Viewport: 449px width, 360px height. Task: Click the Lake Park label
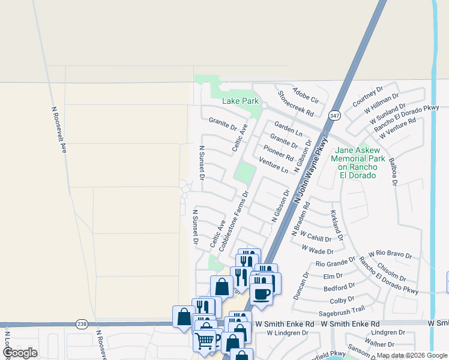[x=240, y=101]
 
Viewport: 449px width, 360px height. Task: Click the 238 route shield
[x=82, y=324]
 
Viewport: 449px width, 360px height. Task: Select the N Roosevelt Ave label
[x=58, y=130]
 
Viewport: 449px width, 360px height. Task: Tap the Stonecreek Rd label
[x=296, y=104]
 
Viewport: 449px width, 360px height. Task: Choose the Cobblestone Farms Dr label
[x=234, y=221]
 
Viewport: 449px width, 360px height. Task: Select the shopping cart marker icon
[x=205, y=340]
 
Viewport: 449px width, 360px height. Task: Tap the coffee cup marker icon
[x=262, y=293]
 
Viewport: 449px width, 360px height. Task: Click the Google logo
[x=20, y=353]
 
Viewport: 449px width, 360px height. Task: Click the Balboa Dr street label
[x=393, y=172]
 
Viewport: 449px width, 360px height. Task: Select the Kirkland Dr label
[x=336, y=225]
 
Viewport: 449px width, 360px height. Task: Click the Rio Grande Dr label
[x=336, y=263]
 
